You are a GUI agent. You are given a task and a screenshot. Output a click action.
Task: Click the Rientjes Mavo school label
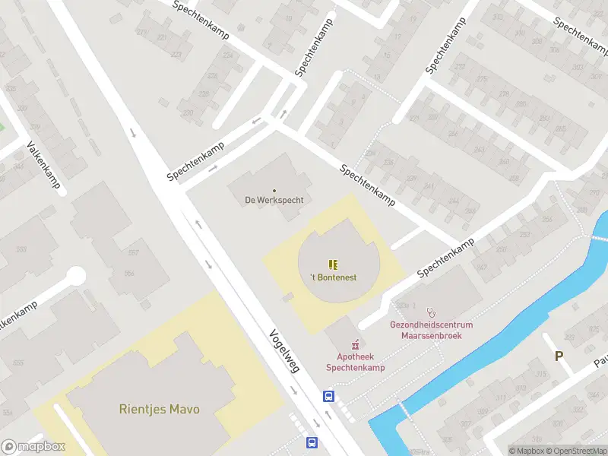[159, 409]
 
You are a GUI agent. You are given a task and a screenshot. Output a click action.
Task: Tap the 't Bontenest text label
[334, 277]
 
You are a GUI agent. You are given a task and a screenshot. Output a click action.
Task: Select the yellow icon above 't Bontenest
[333, 264]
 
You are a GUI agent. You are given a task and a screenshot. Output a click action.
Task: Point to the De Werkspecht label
[274, 201]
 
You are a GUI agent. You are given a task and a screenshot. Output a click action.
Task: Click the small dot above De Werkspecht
[274, 190]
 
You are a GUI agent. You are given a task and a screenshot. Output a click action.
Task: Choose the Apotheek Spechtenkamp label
[355, 363]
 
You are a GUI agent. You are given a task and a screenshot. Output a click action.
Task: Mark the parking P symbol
[559, 356]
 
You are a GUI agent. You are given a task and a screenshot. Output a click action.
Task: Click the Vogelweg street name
[284, 350]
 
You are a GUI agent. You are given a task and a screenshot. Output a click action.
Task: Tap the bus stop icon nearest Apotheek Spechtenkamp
[329, 396]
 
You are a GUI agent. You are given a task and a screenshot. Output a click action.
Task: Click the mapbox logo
[33, 447]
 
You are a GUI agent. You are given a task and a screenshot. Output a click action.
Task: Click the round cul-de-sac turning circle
[75, 275]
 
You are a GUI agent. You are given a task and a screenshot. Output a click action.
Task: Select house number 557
[134, 252]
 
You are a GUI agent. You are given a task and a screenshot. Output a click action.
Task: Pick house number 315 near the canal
[541, 374]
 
